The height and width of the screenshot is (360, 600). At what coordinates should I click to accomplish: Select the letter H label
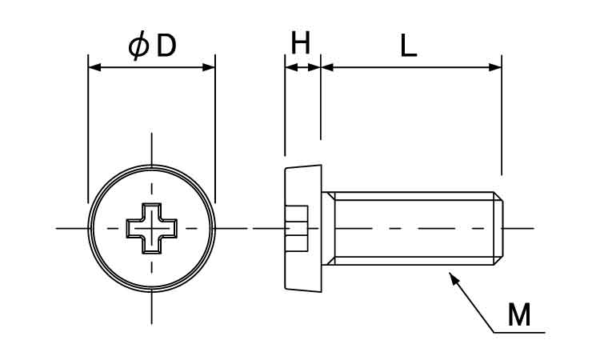[x=300, y=43]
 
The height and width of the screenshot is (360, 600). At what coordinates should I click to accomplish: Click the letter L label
[x=408, y=46]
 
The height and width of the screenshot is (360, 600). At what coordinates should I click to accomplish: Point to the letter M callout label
[x=519, y=315]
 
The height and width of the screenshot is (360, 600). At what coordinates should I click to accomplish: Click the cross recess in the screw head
[x=151, y=229]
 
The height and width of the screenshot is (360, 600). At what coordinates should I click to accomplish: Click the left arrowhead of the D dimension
[x=94, y=67]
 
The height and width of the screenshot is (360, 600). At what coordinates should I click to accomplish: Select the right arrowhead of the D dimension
[x=210, y=67]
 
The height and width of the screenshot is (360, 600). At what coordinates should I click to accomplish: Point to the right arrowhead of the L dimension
[x=495, y=67]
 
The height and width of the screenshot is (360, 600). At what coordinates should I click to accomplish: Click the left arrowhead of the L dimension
[x=326, y=67]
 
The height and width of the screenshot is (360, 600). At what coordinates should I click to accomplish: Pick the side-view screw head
[x=303, y=229]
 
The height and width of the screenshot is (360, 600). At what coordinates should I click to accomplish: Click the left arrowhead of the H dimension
[x=290, y=67]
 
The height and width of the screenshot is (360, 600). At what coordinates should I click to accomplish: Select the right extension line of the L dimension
[x=501, y=120]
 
